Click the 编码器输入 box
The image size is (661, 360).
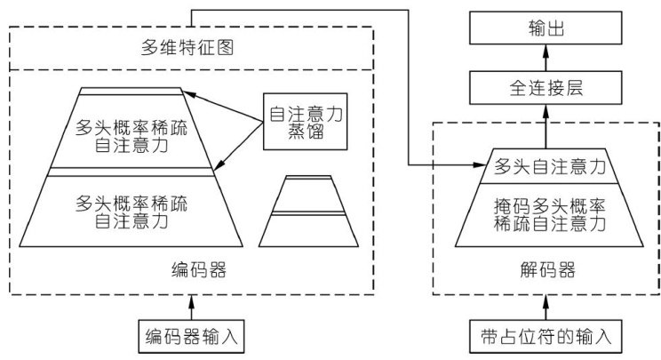(x=192, y=338)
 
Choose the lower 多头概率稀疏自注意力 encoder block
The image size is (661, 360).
(x=132, y=210)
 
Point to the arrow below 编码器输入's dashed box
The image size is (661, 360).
(x=192, y=307)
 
